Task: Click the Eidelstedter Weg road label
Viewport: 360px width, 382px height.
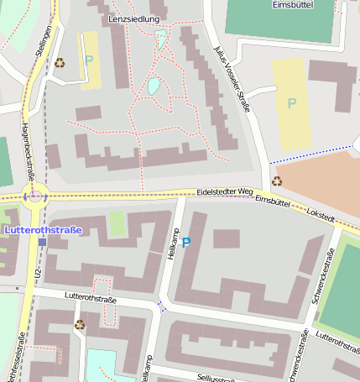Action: [x=224, y=192]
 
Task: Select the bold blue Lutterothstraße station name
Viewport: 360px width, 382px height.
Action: [x=43, y=230]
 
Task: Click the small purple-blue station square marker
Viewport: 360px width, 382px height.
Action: [x=42, y=242]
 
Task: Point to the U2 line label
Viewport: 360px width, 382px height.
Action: [x=38, y=274]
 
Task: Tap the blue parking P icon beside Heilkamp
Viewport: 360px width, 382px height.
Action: [x=186, y=243]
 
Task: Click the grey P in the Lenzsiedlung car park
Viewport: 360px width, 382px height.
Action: [x=89, y=60]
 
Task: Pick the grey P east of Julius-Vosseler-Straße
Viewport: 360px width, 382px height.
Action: [x=291, y=103]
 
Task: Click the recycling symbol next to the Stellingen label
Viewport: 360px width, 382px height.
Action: [x=60, y=61]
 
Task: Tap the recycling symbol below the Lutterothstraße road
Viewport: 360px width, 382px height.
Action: [x=80, y=324]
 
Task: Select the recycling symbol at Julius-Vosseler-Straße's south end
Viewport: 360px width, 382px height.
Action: [x=277, y=181]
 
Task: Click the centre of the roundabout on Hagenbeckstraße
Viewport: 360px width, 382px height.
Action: [x=34, y=197]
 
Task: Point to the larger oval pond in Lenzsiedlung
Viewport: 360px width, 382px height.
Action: [x=154, y=85]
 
